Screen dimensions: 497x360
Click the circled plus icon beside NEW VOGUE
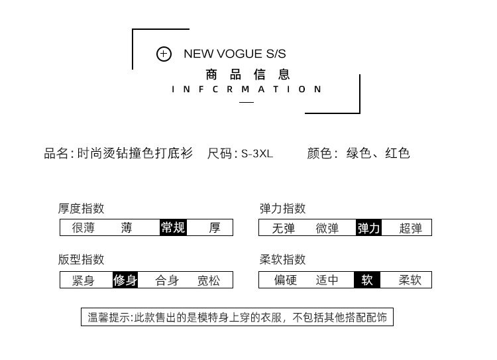pos(164,54)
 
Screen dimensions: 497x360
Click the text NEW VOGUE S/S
pos(235,54)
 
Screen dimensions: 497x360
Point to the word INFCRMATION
pos(247,90)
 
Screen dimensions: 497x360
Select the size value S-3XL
pos(256,154)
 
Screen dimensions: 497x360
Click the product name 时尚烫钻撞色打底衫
pos(135,154)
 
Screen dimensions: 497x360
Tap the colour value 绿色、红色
pos(378,154)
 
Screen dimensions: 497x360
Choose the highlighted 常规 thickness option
pos(173,228)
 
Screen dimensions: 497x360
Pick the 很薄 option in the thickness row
pos(83,228)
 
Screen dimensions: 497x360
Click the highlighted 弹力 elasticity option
pos(368,228)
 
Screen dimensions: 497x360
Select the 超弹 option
pos(410,228)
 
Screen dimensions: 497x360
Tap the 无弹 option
pos(283,228)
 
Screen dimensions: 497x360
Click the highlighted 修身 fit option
pos(125,280)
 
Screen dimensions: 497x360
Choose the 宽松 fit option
pos(208,280)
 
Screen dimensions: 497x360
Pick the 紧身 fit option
pos(83,280)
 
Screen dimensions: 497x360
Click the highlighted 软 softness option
pos(367,280)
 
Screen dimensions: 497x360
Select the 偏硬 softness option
pos(286,280)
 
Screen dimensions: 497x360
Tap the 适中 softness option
pos(327,280)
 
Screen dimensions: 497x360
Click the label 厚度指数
pos(81,209)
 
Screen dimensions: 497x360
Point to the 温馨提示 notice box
pos(237,318)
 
